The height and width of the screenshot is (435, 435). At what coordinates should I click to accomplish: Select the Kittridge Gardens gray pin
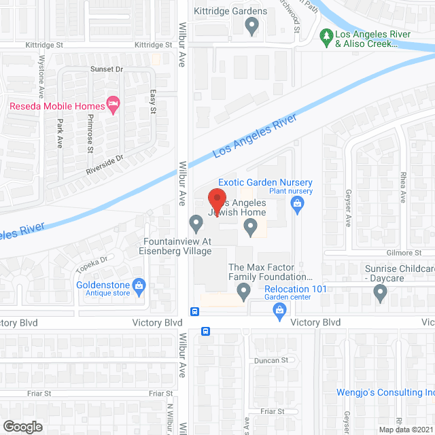252,27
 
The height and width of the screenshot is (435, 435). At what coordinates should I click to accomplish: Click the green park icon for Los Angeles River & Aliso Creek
327,35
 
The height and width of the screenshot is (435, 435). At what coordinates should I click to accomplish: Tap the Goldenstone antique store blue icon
139,285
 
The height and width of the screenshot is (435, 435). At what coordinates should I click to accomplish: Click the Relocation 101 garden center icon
279,311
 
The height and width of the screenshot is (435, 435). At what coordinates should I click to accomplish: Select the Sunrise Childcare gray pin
380,293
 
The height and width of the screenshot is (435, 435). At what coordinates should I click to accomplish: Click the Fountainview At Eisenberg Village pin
196,222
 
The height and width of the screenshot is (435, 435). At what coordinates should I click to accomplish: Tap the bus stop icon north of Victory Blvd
195,311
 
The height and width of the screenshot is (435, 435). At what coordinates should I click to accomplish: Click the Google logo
22,427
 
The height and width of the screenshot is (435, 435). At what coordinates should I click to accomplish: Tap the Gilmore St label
409,252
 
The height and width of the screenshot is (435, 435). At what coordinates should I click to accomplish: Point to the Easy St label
153,103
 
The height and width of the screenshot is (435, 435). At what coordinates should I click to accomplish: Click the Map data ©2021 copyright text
405,429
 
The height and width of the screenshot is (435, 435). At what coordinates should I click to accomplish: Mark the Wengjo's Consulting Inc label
385,392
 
